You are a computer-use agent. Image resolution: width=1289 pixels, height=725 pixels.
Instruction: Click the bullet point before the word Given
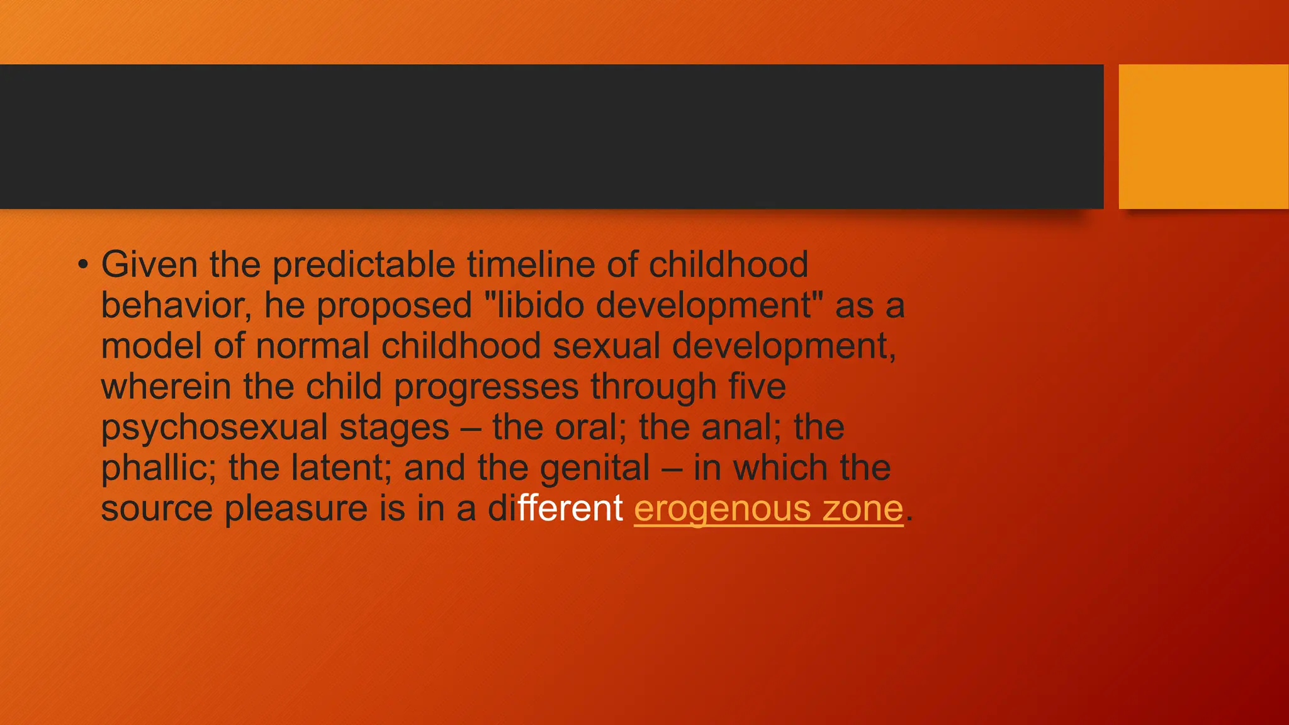pyautogui.click(x=83, y=265)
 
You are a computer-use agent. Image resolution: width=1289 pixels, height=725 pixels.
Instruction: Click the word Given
pyautogui.click(x=149, y=264)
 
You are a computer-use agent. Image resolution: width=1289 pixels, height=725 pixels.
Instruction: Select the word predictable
pyautogui.click(x=363, y=266)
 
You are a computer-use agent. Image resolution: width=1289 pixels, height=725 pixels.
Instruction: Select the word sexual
pyautogui.click(x=606, y=346)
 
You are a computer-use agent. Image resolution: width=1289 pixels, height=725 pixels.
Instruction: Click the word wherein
pyautogui.click(x=166, y=386)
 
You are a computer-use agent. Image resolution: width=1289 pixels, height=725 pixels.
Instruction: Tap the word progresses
pyautogui.click(x=486, y=388)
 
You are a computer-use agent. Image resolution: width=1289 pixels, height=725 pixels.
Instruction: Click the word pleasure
pyautogui.click(x=296, y=509)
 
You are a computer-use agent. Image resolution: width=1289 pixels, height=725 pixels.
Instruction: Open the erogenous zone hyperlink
pyautogui.click(x=768, y=509)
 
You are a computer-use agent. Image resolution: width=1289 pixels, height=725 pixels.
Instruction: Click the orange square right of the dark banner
pyautogui.click(x=1203, y=137)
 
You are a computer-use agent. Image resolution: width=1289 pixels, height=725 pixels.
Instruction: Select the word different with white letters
pyautogui.click(x=555, y=509)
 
